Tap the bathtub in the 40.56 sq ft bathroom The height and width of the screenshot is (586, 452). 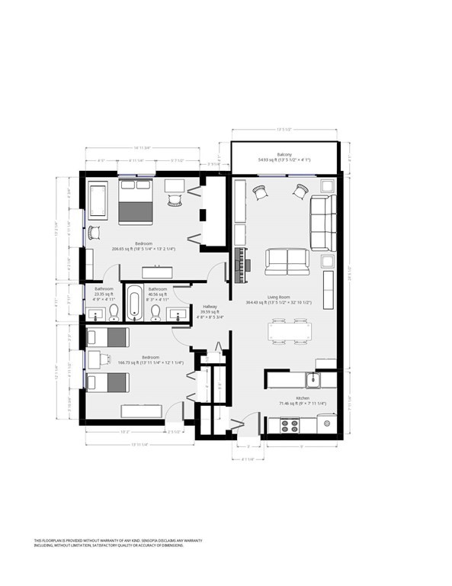135,304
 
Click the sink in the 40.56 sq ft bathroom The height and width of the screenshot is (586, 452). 181,313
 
